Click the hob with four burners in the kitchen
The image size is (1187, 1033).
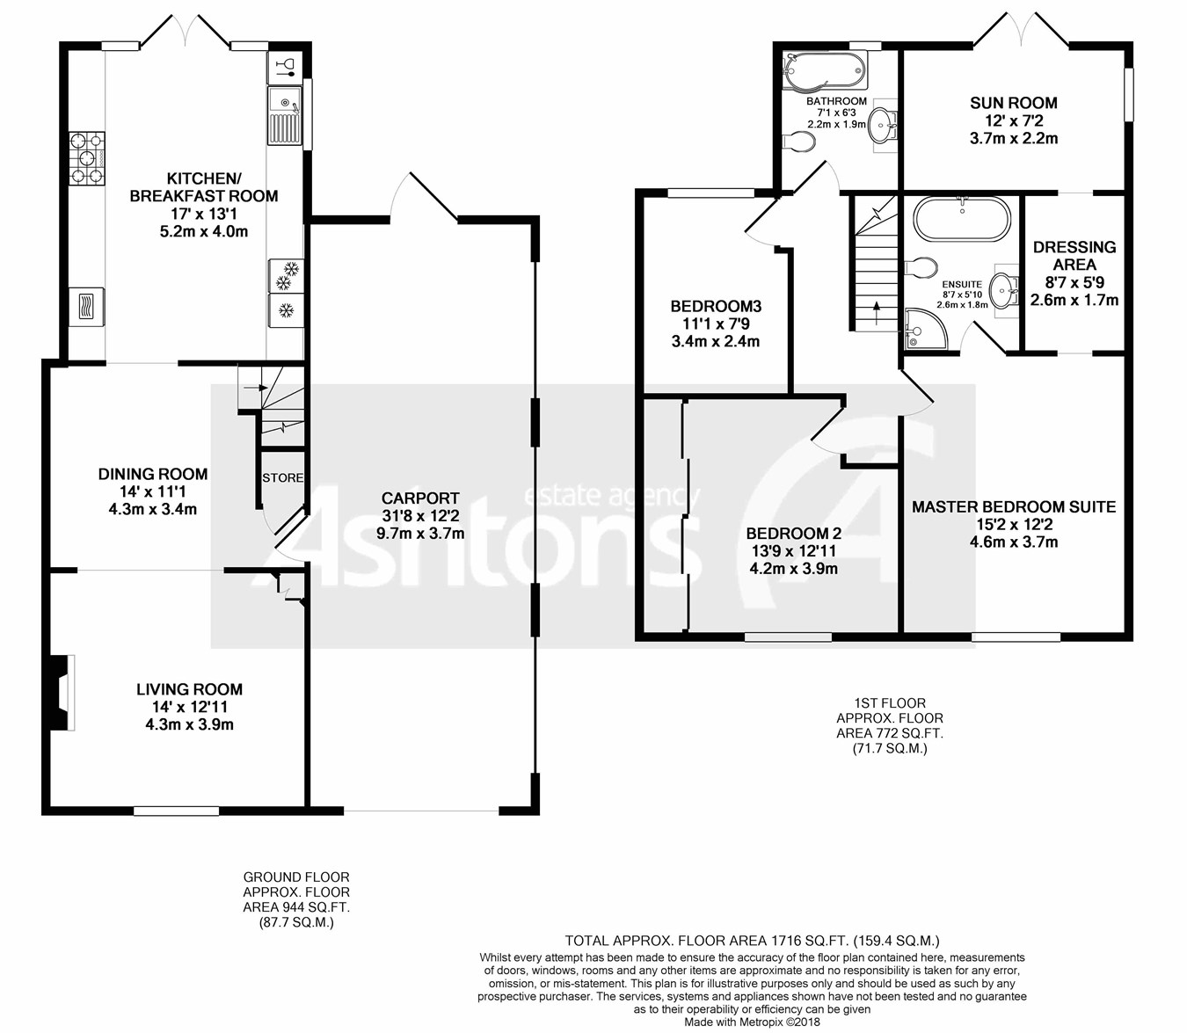click(87, 158)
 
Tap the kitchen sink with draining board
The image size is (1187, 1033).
click(285, 115)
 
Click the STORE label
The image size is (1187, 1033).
click(282, 477)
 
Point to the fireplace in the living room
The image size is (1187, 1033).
click(62, 693)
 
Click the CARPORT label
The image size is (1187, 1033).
click(420, 498)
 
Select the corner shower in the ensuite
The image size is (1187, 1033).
click(926, 329)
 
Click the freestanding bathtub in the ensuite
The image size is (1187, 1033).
click(961, 219)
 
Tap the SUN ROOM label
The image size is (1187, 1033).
click(1014, 103)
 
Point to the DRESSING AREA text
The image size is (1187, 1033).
click(1074, 256)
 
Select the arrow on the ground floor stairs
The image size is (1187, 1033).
click(256, 387)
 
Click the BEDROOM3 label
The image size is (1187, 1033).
click(716, 306)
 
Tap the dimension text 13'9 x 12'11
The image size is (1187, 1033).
click(793, 551)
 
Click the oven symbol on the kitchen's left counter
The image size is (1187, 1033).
click(86, 306)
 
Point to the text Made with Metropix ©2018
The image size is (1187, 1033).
click(752, 1022)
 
